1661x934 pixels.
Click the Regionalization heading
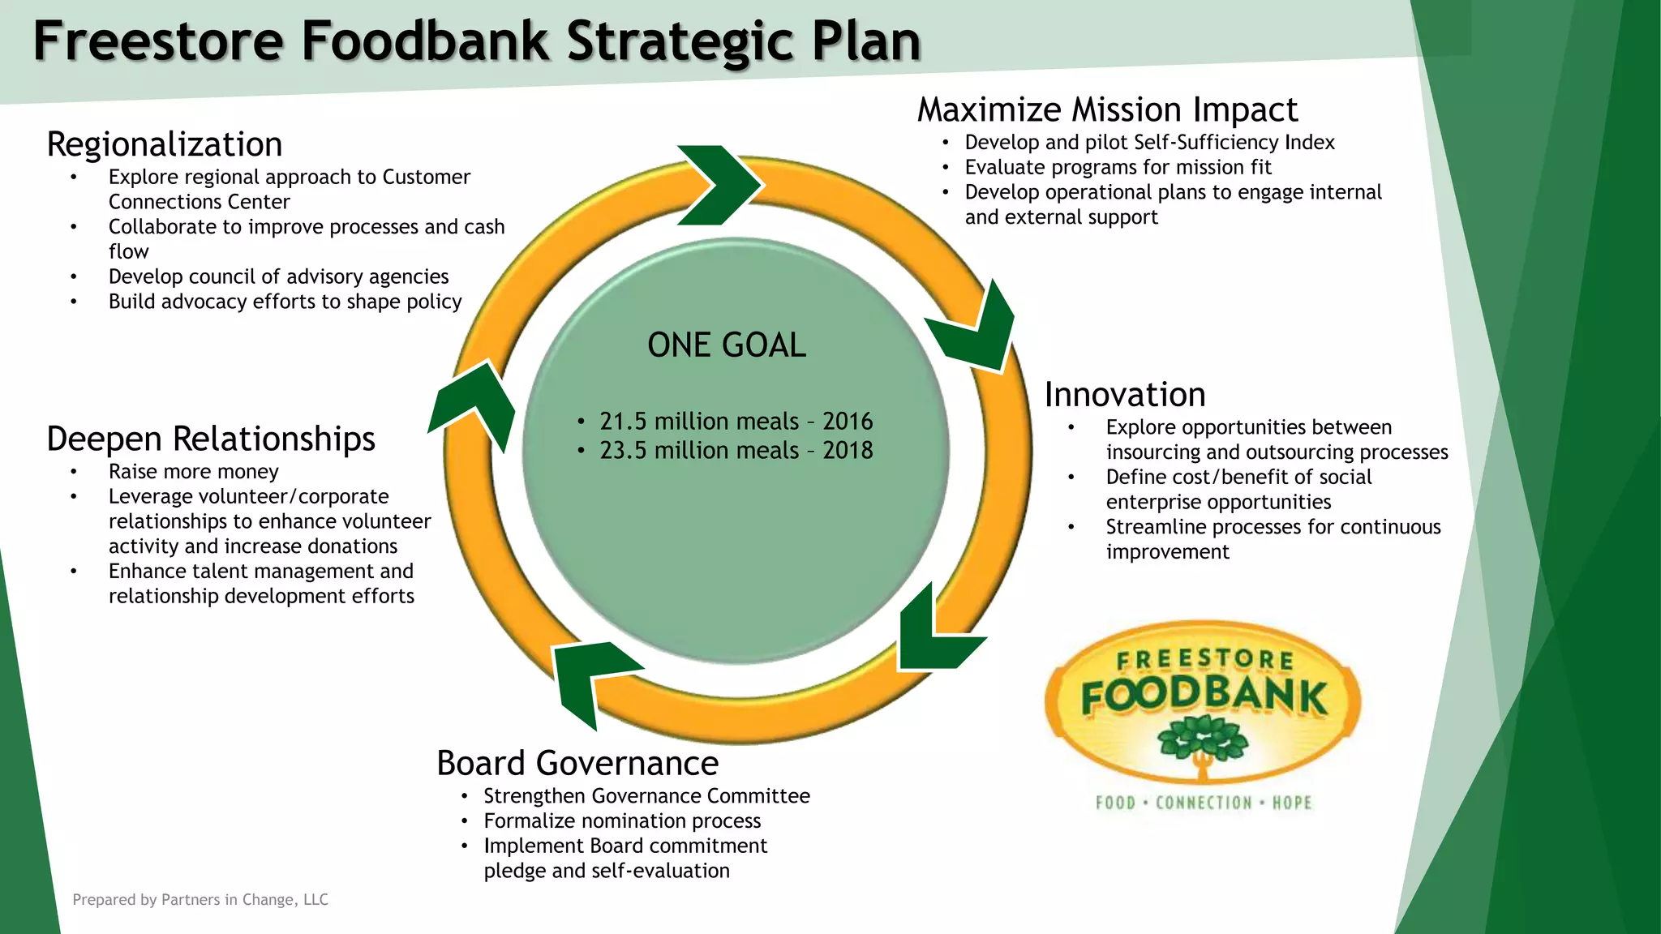point(165,145)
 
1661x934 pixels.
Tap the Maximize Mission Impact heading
point(1107,110)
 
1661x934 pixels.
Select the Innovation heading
point(1125,395)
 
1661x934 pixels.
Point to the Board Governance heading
point(577,764)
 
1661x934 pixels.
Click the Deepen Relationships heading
point(211,439)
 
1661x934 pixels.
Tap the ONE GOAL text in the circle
point(727,345)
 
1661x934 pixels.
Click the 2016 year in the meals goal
point(848,422)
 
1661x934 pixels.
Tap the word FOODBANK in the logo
point(1204,696)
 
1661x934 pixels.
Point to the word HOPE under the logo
point(1291,803)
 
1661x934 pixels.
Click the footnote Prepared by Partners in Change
point(200,900)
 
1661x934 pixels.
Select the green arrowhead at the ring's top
point(718,185)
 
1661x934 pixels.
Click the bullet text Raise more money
point(194,472)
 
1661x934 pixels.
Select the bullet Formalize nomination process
point(622,821)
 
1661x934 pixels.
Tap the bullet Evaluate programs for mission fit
point(1118,168)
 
